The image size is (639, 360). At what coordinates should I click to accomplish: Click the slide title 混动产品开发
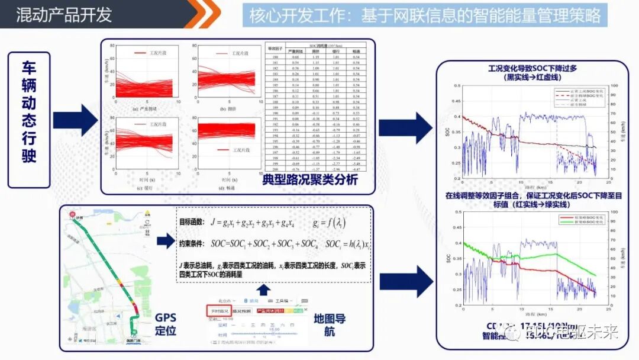point(64,14)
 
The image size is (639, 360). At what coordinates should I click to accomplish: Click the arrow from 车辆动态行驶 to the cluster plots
point(75,120)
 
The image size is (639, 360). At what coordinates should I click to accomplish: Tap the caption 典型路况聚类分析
point(310,179)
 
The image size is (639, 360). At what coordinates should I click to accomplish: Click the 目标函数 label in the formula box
point(192,223)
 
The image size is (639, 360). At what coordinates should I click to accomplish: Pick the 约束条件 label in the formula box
point(192,243)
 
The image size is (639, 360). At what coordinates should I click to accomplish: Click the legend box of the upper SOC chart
point(573,99)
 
